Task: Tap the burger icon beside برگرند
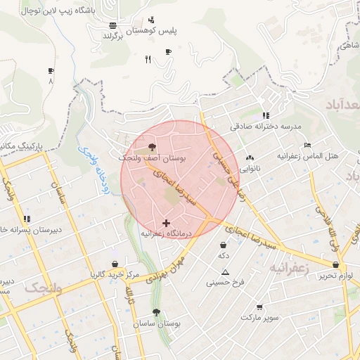coord(113,25)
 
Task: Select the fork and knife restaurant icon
coord(148,59)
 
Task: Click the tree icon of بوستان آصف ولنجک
coord(153,148)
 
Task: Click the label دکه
coord(224,255)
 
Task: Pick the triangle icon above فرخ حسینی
coord(226,271)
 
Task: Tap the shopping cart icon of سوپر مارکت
coord(259,307)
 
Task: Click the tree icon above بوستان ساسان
coord(155,312)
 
